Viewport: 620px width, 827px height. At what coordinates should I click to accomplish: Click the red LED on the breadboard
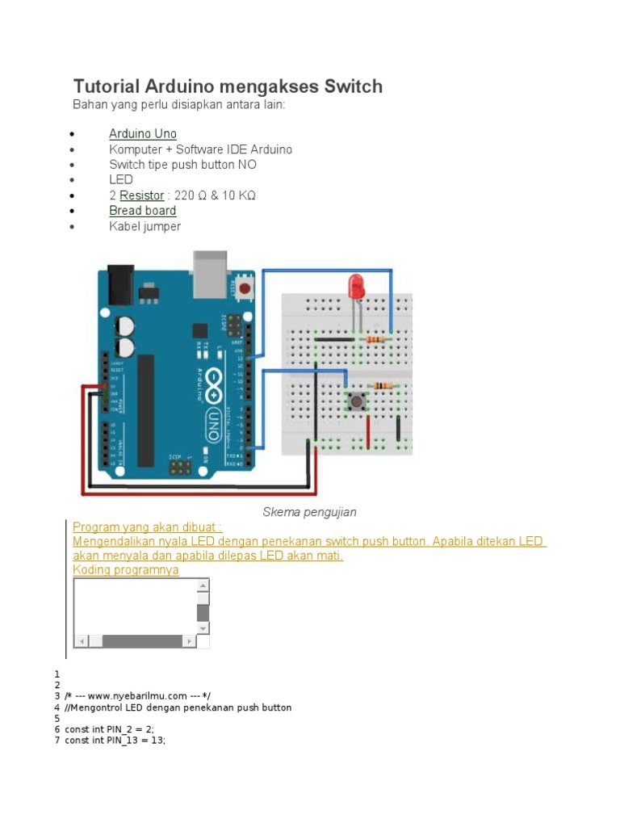(354, 287)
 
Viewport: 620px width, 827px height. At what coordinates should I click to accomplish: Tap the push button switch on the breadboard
(355, 401)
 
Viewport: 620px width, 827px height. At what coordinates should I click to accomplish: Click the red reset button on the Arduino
(245, 287)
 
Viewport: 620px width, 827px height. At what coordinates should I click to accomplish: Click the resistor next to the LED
(375, 340)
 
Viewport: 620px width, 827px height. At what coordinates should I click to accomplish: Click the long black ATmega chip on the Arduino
(146, 410)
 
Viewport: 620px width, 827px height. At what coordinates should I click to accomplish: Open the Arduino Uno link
(143, 134)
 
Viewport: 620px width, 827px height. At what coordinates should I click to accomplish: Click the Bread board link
(143, 211)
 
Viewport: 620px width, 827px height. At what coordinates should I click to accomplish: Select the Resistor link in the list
(142, 195)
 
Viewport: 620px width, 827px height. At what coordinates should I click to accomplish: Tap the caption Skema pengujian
(309, 512)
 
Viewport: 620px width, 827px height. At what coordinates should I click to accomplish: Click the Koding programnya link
(126, 570)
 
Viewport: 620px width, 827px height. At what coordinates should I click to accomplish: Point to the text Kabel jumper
(145, 226)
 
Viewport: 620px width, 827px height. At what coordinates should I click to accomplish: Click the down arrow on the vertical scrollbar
(203, 628)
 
